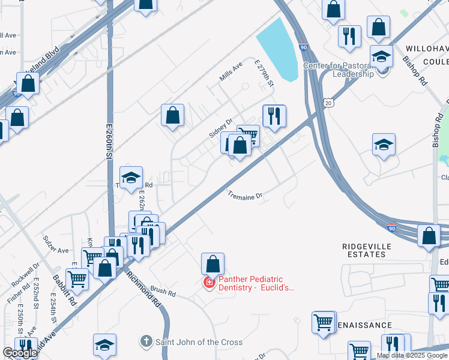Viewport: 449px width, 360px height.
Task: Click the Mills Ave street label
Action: coord(231,71)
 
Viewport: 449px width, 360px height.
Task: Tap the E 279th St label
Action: coord(264,73)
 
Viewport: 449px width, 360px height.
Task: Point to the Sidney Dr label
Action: coord(220,128)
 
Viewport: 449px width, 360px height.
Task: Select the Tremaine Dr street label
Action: coord(245,196)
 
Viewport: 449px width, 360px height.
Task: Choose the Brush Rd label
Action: coord(163,292)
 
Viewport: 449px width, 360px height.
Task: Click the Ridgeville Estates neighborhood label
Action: coord(367,250)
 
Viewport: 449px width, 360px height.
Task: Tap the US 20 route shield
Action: coord(328,103)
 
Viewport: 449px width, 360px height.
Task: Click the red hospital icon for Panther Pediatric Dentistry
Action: coord(209,282)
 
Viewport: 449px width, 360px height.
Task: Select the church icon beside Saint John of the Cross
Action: coord(146,342)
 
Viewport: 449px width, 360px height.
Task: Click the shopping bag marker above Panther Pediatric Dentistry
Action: coord(212,263)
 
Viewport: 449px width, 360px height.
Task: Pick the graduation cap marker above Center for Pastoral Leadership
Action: coord(381,56)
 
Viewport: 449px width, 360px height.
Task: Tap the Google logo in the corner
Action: coord(20,353)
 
